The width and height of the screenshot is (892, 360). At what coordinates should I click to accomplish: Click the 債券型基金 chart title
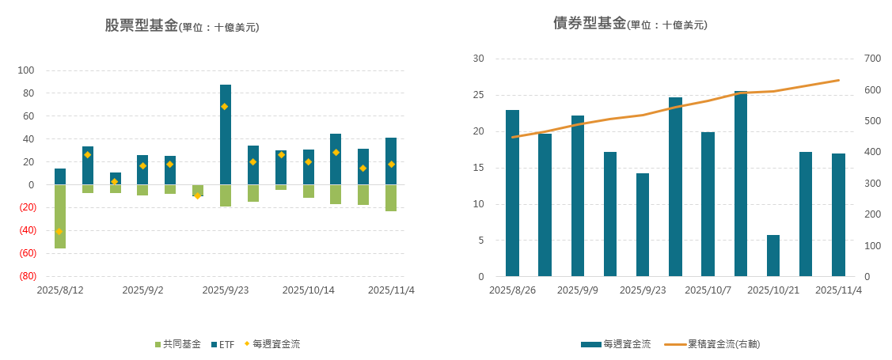(590, 23)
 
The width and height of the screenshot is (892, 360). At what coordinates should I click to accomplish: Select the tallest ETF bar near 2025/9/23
(226, 135)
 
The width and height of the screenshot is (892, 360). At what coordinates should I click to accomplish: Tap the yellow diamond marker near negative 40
(59, 231)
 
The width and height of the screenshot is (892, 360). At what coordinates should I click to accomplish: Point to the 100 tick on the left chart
(26, 70)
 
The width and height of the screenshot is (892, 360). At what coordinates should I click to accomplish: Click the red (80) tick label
(26, 276)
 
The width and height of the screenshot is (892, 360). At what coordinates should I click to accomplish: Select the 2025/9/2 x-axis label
(142, 290)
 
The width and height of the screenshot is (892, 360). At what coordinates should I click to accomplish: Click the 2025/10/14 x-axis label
(308, 290)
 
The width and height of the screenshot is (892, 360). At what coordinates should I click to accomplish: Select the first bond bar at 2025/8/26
(512, 194)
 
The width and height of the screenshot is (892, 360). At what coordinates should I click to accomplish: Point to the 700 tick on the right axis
(872, 59)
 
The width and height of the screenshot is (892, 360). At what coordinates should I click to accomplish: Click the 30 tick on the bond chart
(478, 59)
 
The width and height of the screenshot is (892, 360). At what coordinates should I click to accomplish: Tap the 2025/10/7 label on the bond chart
(708, 290)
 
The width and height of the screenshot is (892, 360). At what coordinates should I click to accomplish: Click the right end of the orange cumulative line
(838, 80)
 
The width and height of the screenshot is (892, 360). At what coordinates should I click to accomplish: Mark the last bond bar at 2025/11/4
(838, 215)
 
